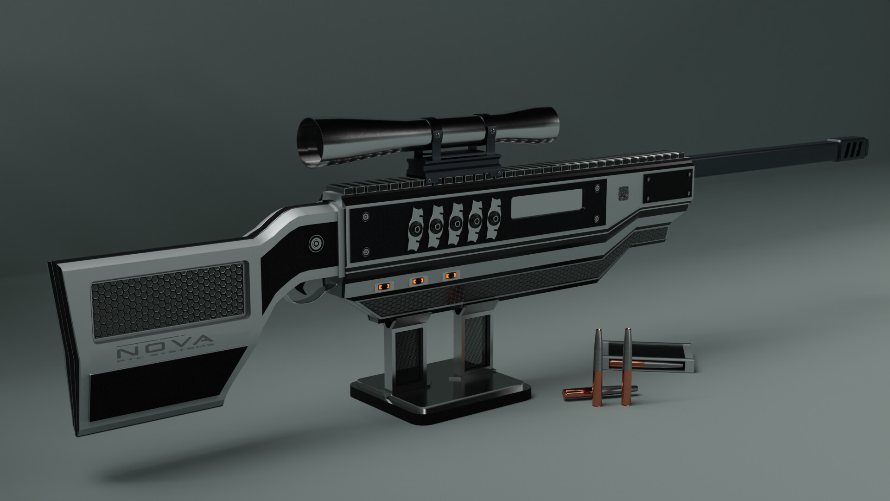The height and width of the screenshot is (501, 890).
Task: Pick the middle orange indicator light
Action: point(418,281)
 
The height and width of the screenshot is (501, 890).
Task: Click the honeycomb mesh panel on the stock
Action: point(167,302)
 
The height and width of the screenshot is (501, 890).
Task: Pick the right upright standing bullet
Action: point(627,366)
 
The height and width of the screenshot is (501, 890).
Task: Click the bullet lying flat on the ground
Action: point(598,392)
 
